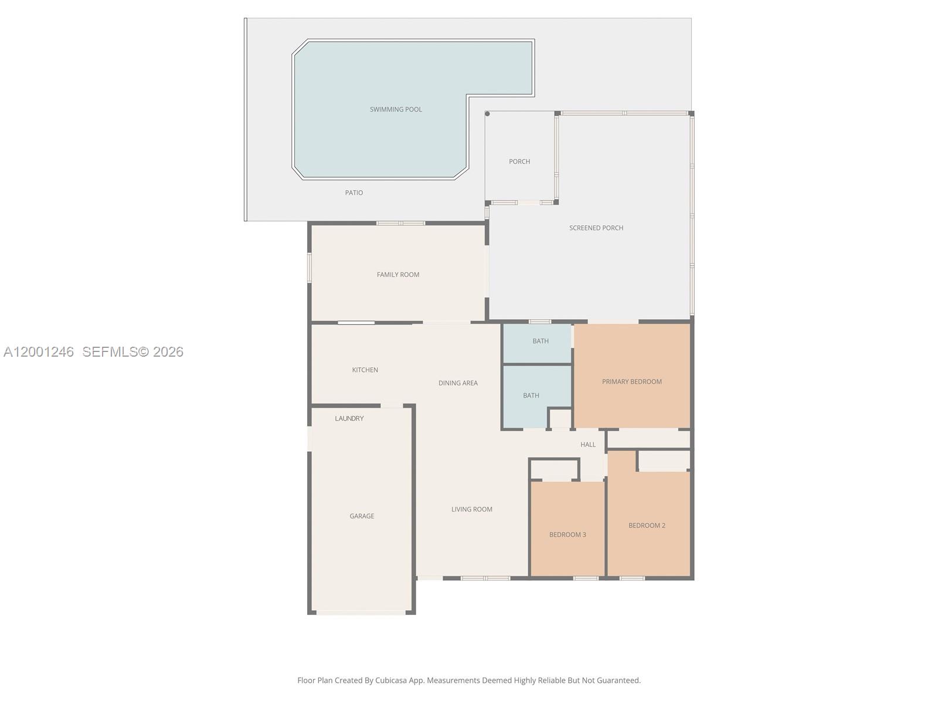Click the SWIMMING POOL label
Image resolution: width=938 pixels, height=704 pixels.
396,109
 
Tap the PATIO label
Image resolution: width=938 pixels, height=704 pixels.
354,192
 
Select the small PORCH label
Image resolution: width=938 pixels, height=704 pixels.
519,161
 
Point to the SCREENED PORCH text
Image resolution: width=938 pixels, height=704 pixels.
596,228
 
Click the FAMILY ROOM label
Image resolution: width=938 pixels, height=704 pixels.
397,275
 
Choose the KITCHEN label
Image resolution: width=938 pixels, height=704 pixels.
365,370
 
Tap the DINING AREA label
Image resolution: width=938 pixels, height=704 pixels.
458,383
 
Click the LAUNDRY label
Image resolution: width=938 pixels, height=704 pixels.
349,418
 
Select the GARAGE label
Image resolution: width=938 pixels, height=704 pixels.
361,516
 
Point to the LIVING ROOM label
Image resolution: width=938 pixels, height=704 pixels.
471,509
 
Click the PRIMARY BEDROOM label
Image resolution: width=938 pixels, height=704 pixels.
631,381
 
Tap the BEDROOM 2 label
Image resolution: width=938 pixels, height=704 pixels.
647,526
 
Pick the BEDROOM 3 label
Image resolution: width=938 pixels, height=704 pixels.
567,534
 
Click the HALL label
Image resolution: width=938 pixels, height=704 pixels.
587,445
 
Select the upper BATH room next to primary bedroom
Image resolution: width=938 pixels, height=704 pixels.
540,341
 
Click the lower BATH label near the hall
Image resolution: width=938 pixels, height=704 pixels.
531,395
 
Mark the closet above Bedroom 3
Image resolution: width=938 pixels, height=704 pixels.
554,470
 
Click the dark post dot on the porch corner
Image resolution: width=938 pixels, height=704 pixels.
487,114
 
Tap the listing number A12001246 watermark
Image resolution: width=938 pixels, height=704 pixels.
39,352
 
